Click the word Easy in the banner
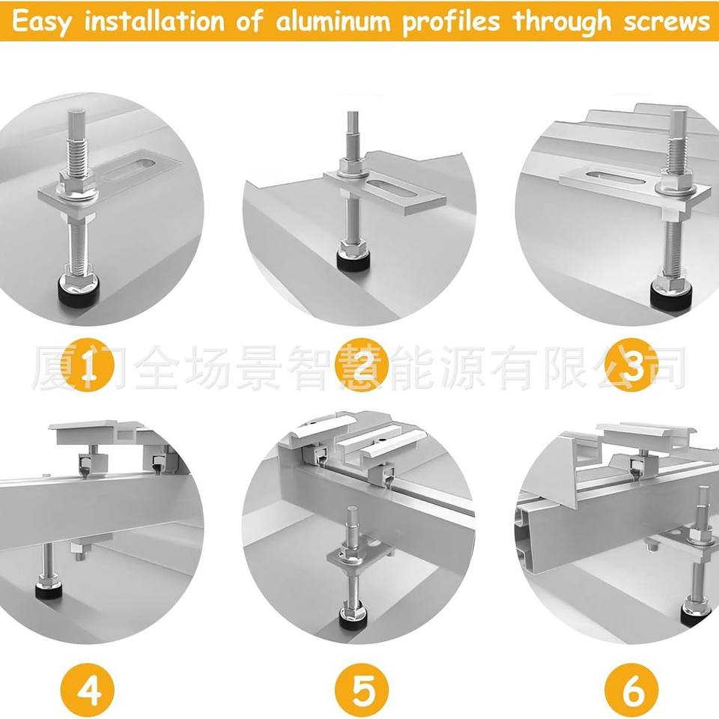(40, 22)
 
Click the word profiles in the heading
(451, 22)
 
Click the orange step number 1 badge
(87, 365)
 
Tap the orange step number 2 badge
(361, 365)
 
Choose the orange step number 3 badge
(631, 365)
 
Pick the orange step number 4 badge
(87, 690)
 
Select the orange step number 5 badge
(361, 690)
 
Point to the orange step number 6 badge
(631, 690)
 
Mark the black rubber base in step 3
(670, 296)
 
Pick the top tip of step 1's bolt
(76, 109)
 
